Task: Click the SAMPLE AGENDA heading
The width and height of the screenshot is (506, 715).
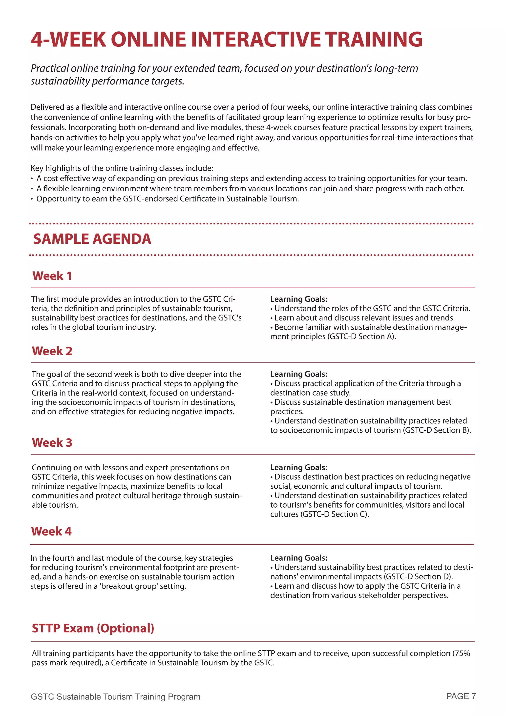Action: (x=92, y=239)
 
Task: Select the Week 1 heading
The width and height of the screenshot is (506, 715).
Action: (x=52, y=276)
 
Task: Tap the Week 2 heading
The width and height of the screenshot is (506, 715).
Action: (x=52, y=351)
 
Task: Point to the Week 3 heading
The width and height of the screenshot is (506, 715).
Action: (x=52, y=442)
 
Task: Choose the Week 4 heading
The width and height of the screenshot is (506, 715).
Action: (x=51, y=531)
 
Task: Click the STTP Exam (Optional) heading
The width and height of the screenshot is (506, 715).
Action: (x=93, y=628)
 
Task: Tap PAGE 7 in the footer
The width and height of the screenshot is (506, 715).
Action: (x=461, y=696)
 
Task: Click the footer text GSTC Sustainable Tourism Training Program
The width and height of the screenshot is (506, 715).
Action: (x=115, y=697)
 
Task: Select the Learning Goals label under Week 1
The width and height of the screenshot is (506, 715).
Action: (x=298, y=299)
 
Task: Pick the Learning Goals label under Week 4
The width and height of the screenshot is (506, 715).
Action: (x=298, y=558)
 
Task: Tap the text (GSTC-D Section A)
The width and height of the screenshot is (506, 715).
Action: (x=361, y=336)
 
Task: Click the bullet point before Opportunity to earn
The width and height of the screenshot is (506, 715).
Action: (x=32, y=199)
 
